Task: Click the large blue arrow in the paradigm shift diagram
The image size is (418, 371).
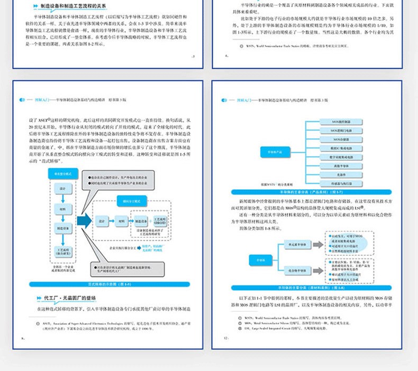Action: coord(84,221)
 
